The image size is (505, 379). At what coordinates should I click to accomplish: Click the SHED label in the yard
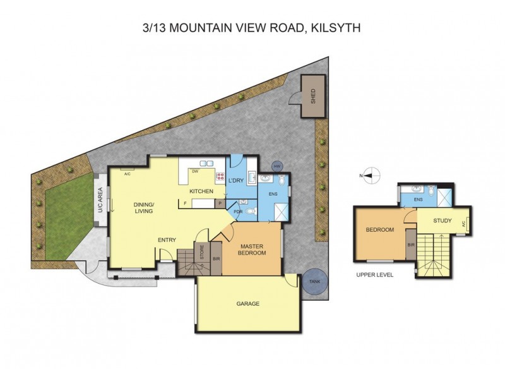click(312, 95)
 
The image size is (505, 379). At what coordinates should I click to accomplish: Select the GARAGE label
click(247, 303)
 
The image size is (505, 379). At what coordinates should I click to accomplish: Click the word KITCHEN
click(201, 191)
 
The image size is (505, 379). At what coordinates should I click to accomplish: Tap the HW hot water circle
click(276, 166)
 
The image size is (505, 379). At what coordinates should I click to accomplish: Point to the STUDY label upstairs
click(442, 220)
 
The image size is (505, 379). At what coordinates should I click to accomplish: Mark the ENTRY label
click(166, 239)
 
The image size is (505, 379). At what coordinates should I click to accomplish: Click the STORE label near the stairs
click(202, 251)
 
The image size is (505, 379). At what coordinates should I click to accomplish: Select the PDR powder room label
click(238, 212)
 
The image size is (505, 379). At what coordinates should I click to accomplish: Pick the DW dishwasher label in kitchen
click(196, 171)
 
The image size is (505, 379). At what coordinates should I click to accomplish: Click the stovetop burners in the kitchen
click(220, 178)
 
